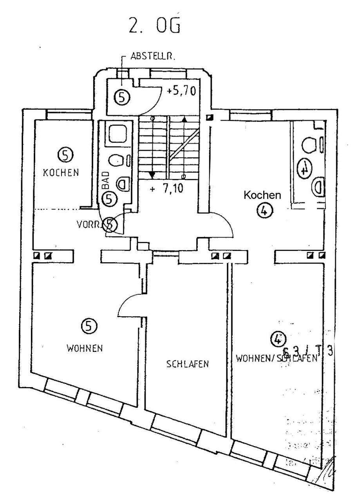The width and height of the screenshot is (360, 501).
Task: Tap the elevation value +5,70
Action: pyautogui.click(x=181, y=91)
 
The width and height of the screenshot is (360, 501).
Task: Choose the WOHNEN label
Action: pyautogui.click(x=85, y=348)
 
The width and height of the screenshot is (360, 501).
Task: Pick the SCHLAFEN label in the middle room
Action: pyautogui.click(x=187, y=364)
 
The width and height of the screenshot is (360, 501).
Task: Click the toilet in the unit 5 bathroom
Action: pyautogui.click(x=115, y=160)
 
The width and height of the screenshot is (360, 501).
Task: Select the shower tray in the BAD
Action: pyautogui.click(x=117, y=134)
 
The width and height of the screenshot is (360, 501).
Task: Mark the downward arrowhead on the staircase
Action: pyautogui.click(x=153, y=175)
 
